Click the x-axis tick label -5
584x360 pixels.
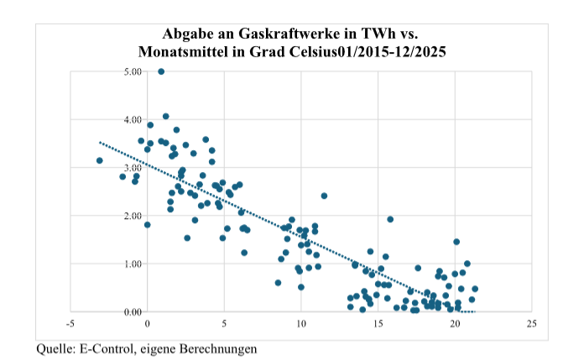coord(70,323)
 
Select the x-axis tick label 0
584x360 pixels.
coord(148,323)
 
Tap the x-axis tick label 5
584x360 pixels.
coord(224,323)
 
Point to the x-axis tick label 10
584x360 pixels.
coord(301,323)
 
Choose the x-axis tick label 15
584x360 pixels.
coord(378,323)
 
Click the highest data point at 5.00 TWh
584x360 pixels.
coord(161,72)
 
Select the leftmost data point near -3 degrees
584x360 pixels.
coord(100,160)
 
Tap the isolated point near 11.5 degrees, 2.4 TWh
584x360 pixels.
coord(324,196)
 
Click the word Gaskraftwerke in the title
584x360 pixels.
coord(278,34)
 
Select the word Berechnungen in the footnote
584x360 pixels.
coord(218,347)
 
